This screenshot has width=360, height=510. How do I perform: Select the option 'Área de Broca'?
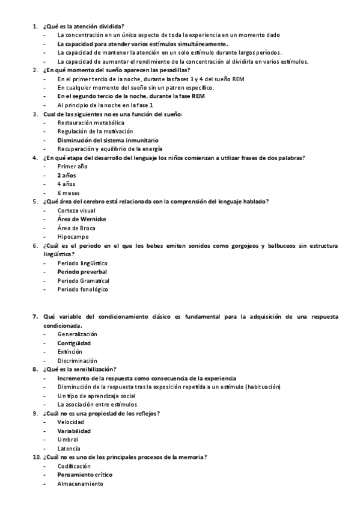[x=76, y=228]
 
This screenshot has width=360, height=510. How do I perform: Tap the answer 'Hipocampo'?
[x=73, y=237]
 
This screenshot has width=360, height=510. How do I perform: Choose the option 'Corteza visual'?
[x=76, y=210]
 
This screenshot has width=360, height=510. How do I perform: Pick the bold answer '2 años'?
[x=67, y=175]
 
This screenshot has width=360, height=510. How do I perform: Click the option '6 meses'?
[x=68, y=192]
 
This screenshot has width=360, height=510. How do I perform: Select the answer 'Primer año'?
[x=72, y=166]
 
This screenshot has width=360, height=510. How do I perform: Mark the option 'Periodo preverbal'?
[x=82, y=272]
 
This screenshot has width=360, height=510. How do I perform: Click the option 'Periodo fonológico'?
[x=83, y=289]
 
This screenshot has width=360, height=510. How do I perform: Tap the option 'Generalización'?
[x=78, y=334]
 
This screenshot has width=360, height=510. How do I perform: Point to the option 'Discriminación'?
[x=78, y=360]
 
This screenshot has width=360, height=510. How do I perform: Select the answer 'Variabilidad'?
[x=74, y=431]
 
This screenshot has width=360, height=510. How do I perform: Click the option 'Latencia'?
[x=70, y=449]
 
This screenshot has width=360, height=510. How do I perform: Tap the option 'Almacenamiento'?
[x=80, y=484]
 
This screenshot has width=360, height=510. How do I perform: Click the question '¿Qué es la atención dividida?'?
[x=84, y=26]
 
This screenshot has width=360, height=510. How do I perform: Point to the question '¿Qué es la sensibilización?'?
[x=80, y=369]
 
